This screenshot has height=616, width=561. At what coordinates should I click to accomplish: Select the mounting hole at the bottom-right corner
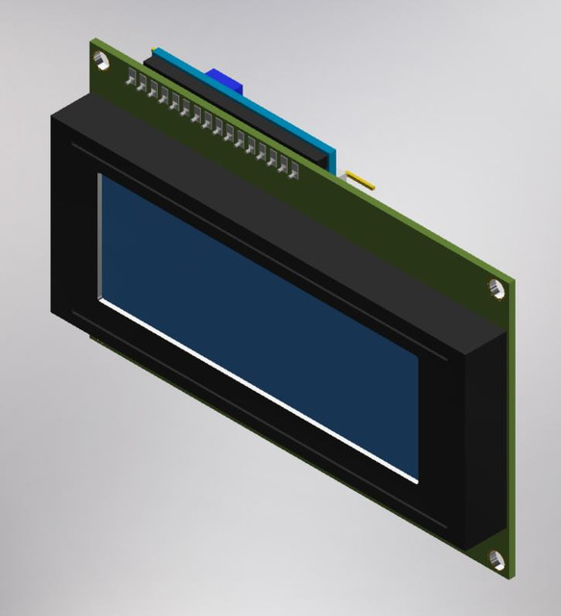click(x=497, y=559)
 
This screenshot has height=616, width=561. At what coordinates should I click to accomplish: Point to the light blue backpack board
click(x=289, y=125)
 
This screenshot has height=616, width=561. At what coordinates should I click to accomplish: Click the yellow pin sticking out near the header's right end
click(x=359, y=179)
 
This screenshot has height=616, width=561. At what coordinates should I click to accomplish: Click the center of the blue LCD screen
click(x=260, y=327)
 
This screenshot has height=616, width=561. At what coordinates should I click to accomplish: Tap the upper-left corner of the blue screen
click(x=104, y=178)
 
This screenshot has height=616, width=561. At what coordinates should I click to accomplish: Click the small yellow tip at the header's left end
click(x=153, y=50)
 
